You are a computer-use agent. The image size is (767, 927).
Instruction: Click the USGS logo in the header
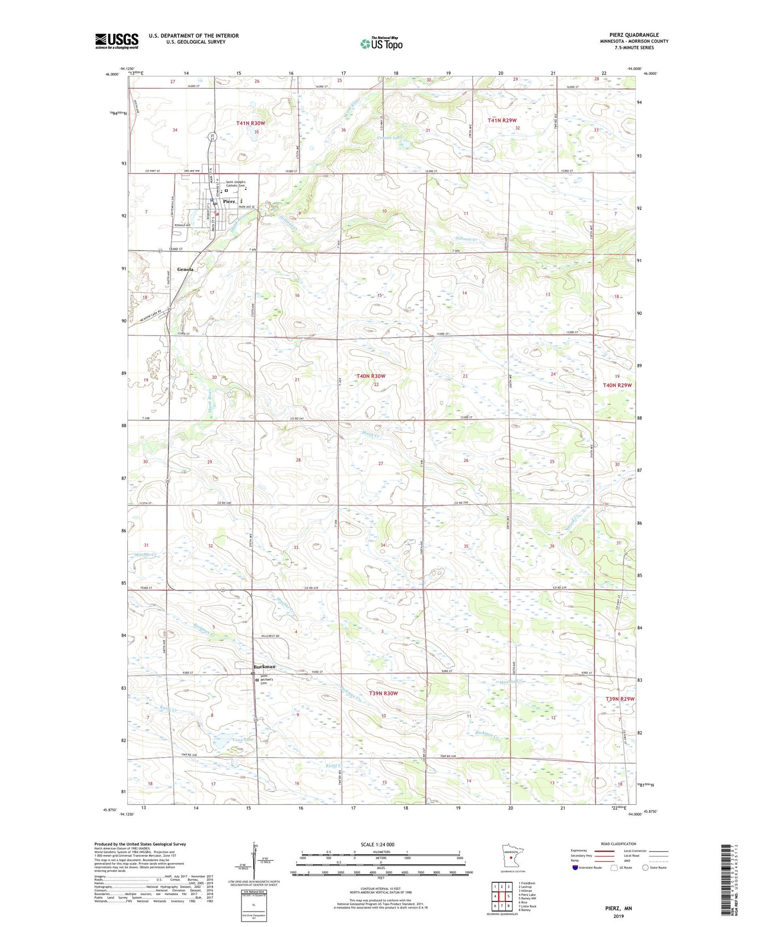pyautogui.click(x=116, y=41)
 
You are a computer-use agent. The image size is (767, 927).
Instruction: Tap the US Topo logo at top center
pyautogui.click(x=381, y=44)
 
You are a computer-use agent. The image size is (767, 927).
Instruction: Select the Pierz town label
pyautogui.click(x=229, y=202)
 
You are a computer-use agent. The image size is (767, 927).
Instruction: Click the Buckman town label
pyautogui.click(x=264, y=666)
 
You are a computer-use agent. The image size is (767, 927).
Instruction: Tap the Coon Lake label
pyautogui.click(x=229, y=739)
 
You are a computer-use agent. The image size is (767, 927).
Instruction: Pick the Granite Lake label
pyautogui.click(x=390, y=138)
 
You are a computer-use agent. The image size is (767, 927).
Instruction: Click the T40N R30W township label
pyautogui.click(x=371, y=376)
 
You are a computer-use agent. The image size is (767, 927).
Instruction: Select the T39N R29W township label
pyautogui.click(x=619, y=699)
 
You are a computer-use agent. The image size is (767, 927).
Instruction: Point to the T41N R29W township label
pyautogui.click(x=502, y=121)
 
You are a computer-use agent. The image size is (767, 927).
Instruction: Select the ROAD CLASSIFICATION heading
pyautogui.click(x=618, y=844)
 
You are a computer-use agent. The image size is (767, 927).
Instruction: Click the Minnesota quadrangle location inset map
pyautogui.click(x=510, y=856)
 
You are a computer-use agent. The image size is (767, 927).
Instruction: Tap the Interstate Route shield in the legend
pyautogui.click(x=576, y=868)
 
